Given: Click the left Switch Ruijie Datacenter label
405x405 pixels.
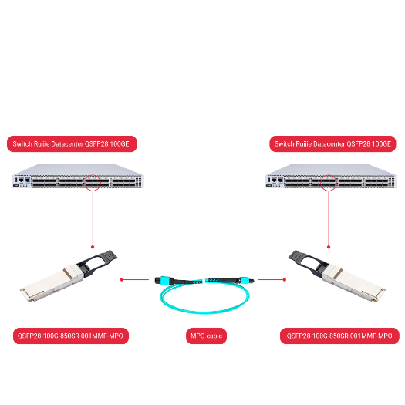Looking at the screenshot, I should coord(72,143).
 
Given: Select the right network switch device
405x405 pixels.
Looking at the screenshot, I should coord(332,181).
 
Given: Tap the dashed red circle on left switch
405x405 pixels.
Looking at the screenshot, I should coord(93,183).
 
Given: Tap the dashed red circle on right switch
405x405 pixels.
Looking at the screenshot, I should coord(329,183).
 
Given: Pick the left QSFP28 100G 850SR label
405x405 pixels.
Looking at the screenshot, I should coord(70,336).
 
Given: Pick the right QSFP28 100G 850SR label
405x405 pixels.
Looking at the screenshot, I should coord(339,336).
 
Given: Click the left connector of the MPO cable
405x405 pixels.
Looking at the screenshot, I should coord(163,279).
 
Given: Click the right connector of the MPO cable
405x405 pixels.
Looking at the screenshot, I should coord(246,279).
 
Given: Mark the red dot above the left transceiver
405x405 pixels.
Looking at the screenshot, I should coord(93,247).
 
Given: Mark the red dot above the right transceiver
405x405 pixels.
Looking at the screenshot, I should coord(329,247).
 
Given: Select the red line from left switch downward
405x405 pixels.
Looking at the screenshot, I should coord(93,220).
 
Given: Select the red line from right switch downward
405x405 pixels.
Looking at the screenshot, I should coord(329,220).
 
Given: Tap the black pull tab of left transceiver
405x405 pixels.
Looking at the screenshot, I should coord(103,258).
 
